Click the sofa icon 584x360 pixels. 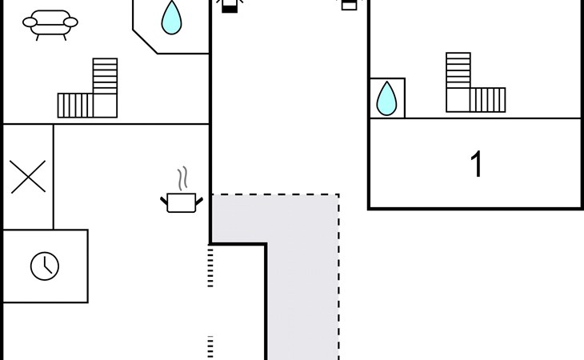click(x=50, y=24)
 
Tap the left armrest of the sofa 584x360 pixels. click(x=30, y=22)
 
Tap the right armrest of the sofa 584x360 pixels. click(x=70, y=22)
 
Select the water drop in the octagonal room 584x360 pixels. click(x=172, y=18)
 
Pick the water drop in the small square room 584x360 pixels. click(x=386, y=99)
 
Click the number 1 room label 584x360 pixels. click(x=476, y=164)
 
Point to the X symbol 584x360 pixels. click(x=28, y=177)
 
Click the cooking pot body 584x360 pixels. click(x=182, y=203)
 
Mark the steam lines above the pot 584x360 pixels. click(x=182, y=178)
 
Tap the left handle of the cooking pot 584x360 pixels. click(x=164, y=202)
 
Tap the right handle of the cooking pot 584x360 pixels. click(x=199, y=202)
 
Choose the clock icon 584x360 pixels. click(x=45, y=266)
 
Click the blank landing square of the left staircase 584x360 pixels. click(x=105, y=106)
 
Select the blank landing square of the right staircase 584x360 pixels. click(x=458, y=100)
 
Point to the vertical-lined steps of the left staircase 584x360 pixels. click(x=75, y=106)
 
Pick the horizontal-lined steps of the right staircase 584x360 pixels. click(x=458, y=70)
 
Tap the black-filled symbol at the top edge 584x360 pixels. click(x=230, y=7)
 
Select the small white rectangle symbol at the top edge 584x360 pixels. click(x=349, y=6)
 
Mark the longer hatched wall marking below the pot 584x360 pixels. click(x=210, y=266)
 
